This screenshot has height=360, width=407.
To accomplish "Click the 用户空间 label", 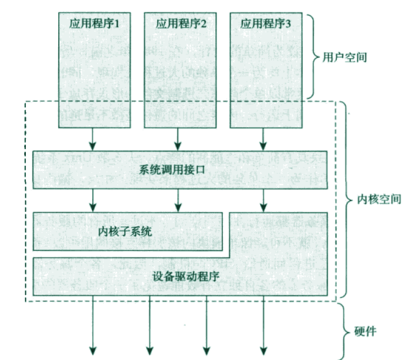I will [x=344, y=58].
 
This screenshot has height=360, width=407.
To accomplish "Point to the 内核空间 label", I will [x=375, y=199].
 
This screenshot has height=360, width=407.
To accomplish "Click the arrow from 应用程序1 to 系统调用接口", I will [x=93, y=138].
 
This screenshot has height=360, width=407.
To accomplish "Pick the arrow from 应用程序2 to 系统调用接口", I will [x=178, y=138].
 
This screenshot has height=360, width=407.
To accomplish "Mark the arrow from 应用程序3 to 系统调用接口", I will [x=264, y=138].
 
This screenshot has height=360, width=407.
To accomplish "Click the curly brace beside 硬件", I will [x=345, y=332].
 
